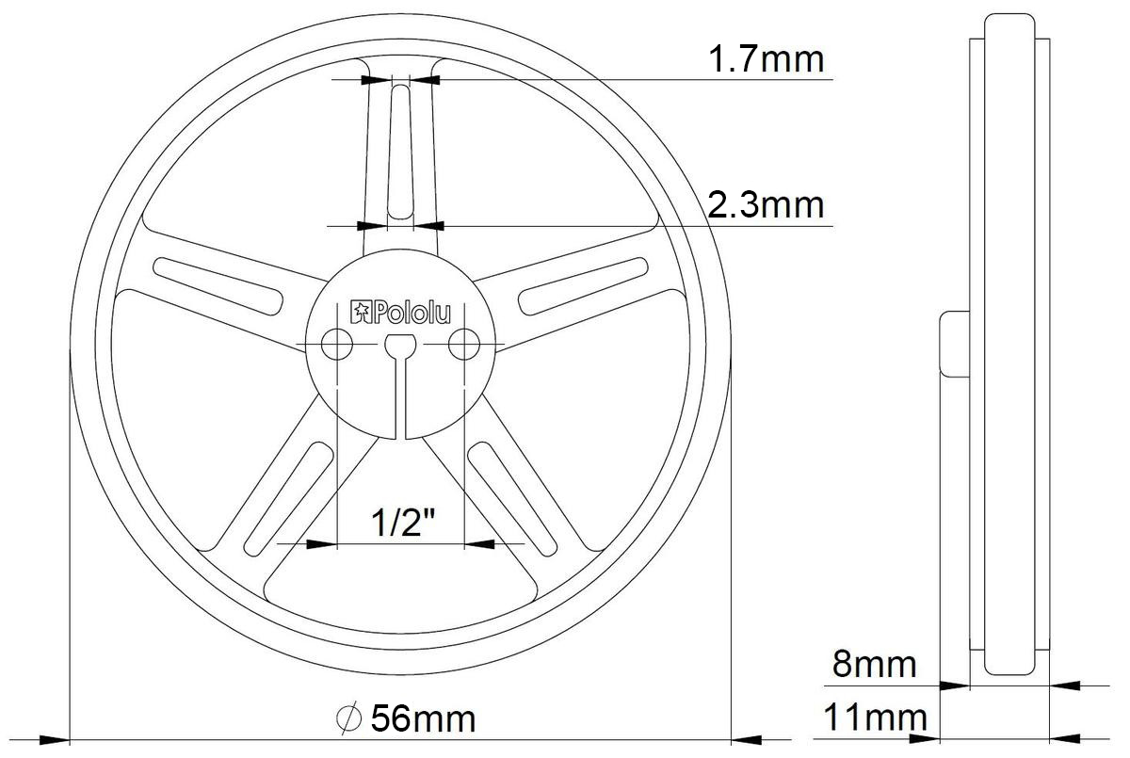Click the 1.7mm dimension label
765,58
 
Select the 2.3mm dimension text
765,204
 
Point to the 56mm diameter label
423,719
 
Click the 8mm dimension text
873,665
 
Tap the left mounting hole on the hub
336,346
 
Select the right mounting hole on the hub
463,346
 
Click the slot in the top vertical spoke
400,151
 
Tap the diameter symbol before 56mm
348,719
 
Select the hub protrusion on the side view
954,345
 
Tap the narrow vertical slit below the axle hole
400,400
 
